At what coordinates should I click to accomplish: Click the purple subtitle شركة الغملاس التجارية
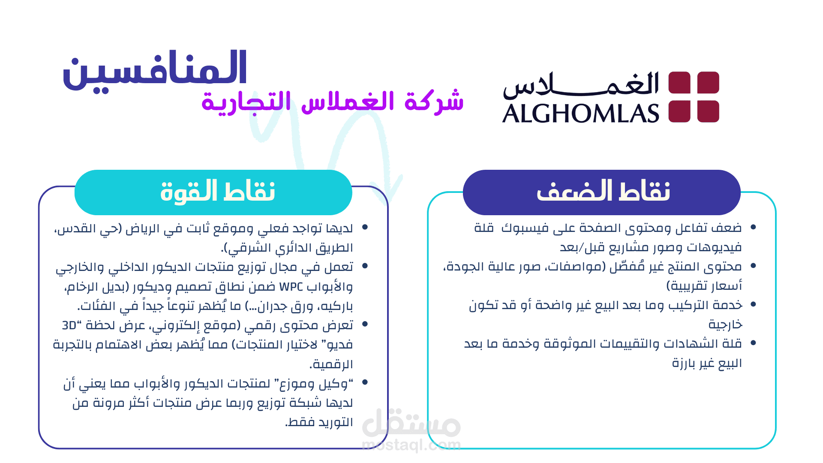333,102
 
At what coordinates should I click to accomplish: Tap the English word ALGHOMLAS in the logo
580,114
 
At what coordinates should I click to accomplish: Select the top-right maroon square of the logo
708,82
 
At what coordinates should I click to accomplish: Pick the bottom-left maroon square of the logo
679,111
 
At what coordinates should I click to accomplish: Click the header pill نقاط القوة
213,192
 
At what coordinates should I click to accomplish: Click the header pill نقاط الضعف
602,192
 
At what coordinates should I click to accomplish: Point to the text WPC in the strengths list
291,287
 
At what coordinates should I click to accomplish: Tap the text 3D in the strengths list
69,325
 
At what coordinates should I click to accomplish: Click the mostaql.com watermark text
411,445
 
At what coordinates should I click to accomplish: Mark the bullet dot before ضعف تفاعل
753,227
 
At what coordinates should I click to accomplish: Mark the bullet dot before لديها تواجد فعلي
365,227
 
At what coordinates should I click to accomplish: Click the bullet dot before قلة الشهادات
753,343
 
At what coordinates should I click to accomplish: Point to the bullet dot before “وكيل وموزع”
365,382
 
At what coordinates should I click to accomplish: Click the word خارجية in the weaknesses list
725,325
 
